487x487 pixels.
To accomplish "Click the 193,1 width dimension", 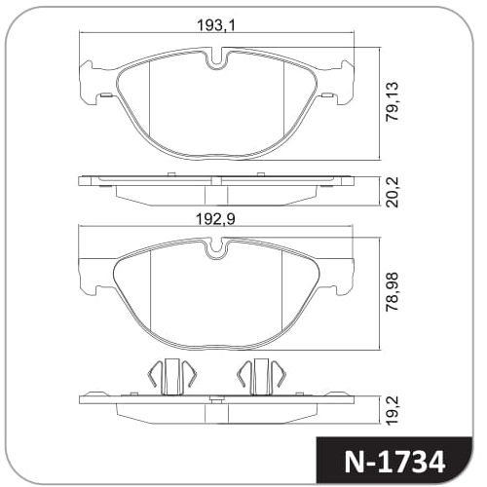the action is pos(216,25).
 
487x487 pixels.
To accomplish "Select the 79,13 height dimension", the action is pos(392,101).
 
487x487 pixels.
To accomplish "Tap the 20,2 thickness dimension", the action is pos(392,192).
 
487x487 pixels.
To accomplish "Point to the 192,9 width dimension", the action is pos(215,219).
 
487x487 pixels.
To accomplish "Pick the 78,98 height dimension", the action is pos(392,291).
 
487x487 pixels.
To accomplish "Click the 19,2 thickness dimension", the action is pos(392,410).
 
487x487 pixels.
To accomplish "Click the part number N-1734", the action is pos(394,462).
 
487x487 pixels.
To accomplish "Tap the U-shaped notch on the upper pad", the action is pos(216,58).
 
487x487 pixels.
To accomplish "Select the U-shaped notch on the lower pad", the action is pos(216,249).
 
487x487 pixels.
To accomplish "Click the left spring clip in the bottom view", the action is pos(172,377).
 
